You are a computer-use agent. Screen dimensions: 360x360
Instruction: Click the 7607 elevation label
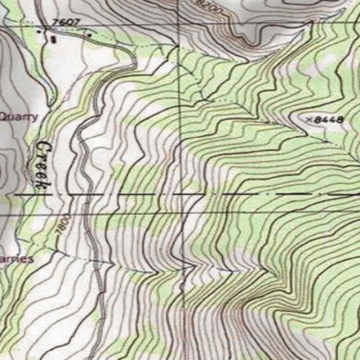click(x=66, y=22)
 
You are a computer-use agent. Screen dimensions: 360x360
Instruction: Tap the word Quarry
click(x=18, y=117)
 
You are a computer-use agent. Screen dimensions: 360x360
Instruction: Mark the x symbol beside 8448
click(x=309, y=120)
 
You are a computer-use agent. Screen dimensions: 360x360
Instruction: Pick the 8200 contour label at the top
click(x=210, y=7)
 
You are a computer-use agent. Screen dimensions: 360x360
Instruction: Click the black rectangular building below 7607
click(x=53, y=39)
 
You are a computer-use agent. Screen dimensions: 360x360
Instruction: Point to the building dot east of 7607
click(x=90, y=35)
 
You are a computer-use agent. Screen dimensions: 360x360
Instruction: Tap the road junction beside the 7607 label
click(x=46, y=27)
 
